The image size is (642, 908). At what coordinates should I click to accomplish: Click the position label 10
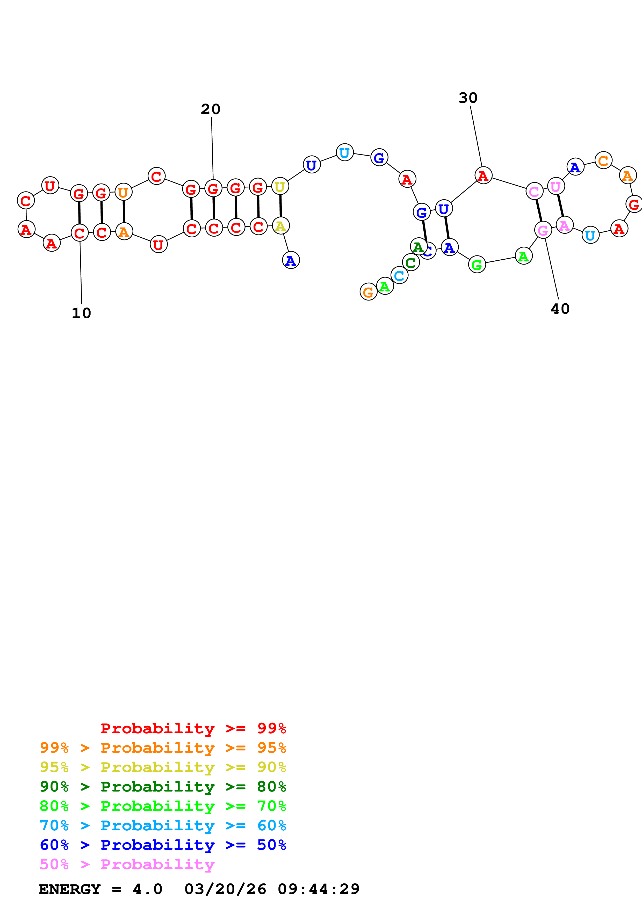click(x=82, y=313)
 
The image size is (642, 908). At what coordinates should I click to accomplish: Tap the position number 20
click(x=211, y=109)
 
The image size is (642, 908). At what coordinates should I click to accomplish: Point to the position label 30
click(x=468, y=98)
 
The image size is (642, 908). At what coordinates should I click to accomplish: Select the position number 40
click(x=560, y=309)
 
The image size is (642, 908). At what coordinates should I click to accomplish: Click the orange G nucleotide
click(x=368, y=292)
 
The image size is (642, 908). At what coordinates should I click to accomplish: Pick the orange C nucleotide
click(x=603, y=160)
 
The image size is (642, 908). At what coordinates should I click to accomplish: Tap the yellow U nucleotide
click(x=280, y=187)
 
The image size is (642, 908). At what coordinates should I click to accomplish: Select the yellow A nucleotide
click(x=281, y=226)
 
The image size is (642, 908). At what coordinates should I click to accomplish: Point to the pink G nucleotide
click(x=543, y=230)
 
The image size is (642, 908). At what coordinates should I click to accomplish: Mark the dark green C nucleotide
click(x=410, y=262)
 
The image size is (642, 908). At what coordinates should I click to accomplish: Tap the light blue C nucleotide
click(x=399, y=275)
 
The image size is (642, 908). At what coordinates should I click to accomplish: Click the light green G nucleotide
click(x=477, y=265)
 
